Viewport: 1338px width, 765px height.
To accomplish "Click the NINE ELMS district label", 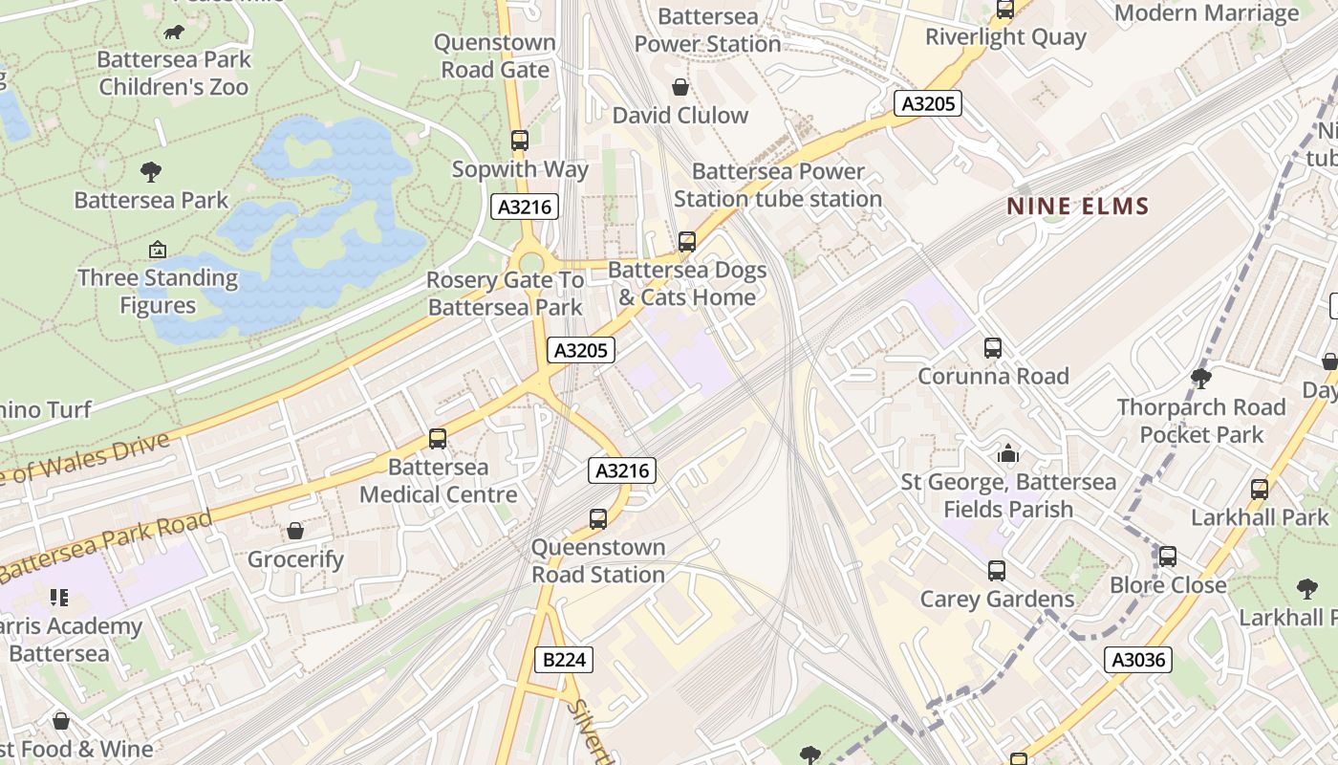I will [1077, 206].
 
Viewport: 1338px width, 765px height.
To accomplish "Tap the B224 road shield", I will [564, 659].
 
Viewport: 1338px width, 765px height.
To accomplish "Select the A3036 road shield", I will [1138, 659].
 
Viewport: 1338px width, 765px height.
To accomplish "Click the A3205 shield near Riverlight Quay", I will [927, 103].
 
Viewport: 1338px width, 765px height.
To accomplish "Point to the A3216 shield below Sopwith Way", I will [525, 206].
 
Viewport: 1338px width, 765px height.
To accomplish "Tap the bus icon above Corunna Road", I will [993, 348].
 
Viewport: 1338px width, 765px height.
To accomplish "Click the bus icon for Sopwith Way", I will [520, 141].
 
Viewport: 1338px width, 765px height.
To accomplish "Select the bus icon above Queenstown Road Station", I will [598, 519].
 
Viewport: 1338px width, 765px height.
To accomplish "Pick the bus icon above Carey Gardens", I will [997, 571].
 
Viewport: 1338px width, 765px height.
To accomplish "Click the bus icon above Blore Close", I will [1168, 557].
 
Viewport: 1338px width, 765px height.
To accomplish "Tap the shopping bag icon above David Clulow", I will [680, 88].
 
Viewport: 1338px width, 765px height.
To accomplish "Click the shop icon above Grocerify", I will [295, 531].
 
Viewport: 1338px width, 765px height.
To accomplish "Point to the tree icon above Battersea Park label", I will [151, 172].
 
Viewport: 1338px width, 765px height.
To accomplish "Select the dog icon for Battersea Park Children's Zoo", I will [174, 33].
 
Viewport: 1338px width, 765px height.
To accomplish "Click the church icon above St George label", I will [1008, 454].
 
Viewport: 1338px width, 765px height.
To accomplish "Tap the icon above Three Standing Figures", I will [158, 251].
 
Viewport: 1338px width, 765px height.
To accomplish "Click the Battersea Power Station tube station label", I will [777, 186].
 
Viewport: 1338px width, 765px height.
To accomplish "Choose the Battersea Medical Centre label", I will [438, 481].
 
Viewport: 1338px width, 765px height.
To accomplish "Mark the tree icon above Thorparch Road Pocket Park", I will [1201, 379].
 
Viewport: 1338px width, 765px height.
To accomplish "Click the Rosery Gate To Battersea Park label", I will [505, 294].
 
